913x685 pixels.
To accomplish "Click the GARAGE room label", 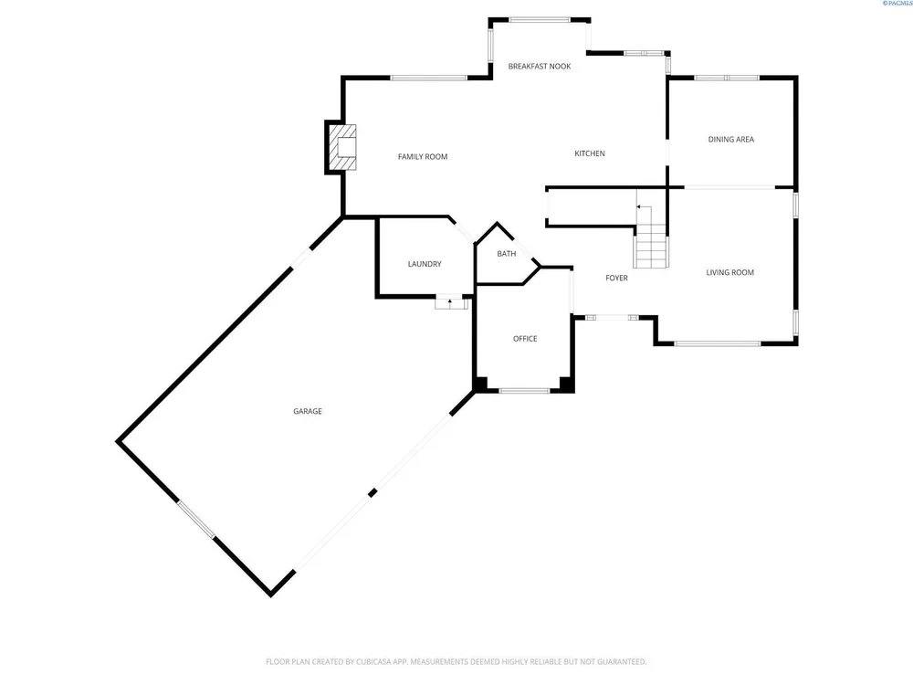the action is pyautogui.click(x=308, y=411).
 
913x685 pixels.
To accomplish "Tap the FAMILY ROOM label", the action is pyautogui.click(x=423, y=157).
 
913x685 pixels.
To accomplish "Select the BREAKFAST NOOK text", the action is pyautogui.click(x=540, y=67).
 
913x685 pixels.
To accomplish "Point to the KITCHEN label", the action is pyautogui.click(x=590, y=153).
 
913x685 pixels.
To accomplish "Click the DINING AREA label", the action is pyautogui.click(x=730, y=139).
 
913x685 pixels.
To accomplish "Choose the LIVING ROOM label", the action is pyautogui.click(x=729, y=272).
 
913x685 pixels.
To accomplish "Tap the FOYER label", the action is pyautogui.click(x=616, y=279).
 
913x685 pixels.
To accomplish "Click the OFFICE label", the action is pyautogui.click(x=525, y=339).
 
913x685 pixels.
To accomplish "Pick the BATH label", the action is pyautogui.click(x=507, y=254).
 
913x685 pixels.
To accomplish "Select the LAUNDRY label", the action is pyautogui.click(x=425, y=265).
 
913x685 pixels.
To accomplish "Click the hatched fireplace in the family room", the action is pyautogui.click(x=343, y=147).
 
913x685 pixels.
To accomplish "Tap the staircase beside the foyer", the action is pyautogui.click(x=650, y=236).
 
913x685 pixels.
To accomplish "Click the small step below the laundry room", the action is pyautogui.click(x=451, y=303).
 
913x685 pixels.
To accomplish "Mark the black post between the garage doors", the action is pyautogui.click(x=373, y=493).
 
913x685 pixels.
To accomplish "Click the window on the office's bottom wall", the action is pyautogui.click(x=525, y=391).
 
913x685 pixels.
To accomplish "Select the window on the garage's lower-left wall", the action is pyautogui.click(x=196, y=519).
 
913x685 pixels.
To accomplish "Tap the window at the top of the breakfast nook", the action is pyautogui.click(x=540, y=20).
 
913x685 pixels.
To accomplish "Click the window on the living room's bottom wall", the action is pyautogui.click(x=718, y=343).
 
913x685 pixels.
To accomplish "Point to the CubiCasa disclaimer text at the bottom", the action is pyautogui.click(x=456, y=661).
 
